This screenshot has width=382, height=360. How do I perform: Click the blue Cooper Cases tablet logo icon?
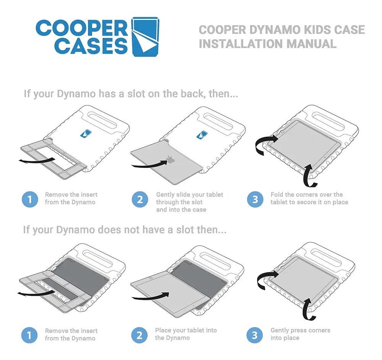(145, 37)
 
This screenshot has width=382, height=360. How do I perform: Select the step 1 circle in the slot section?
(30, 199)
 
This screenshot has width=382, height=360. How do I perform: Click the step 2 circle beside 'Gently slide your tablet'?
(140, 199)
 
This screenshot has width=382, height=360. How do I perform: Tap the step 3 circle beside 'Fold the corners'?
(255, 199)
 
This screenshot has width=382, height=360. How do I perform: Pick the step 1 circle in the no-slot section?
(29, 335)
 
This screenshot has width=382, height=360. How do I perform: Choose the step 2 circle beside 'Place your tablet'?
(139, 335)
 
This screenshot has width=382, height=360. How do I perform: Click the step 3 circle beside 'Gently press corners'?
(254, 335)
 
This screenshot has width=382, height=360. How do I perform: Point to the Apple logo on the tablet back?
(170, 159)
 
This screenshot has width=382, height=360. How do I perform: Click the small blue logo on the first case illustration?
(86, 133)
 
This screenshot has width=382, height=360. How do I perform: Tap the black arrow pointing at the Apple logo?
(149, 164)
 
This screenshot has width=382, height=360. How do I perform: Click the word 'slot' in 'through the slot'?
(197, 202)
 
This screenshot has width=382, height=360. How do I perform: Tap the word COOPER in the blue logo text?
(82, 29)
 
